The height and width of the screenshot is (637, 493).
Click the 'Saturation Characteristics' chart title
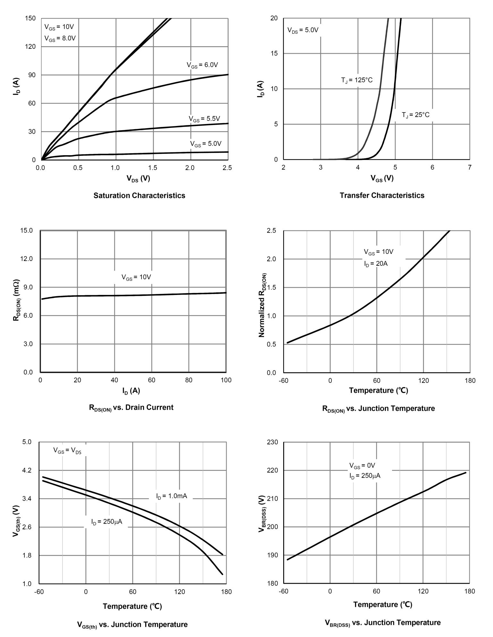pos(139,196)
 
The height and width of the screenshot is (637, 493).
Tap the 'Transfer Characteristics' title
pos(382,196)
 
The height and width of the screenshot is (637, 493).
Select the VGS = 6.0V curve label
pos(202,65)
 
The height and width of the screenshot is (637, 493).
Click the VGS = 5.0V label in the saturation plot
pos(206,144)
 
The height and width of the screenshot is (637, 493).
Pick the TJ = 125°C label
pos(357,80)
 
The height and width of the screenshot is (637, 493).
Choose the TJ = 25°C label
pos(415,115)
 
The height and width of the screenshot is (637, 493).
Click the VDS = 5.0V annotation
pos(302,30)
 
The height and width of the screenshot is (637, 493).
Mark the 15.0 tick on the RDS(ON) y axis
pos(26,230)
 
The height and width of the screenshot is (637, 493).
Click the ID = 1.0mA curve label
pos(172,497)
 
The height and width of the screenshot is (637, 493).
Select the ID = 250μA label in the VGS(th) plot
pos(106,522)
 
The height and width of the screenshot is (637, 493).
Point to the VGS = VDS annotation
pos(67,450)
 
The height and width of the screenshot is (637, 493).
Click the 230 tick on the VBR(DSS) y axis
pos(272,442)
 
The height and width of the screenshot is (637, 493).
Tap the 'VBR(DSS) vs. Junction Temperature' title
pos(382,623)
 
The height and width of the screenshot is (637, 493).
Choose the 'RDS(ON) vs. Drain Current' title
pos(131,408)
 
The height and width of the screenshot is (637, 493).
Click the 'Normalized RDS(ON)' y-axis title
pos(262,305)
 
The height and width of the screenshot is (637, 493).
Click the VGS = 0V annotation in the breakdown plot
pos(362,466)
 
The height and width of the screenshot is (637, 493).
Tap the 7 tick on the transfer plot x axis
pos(469,168)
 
